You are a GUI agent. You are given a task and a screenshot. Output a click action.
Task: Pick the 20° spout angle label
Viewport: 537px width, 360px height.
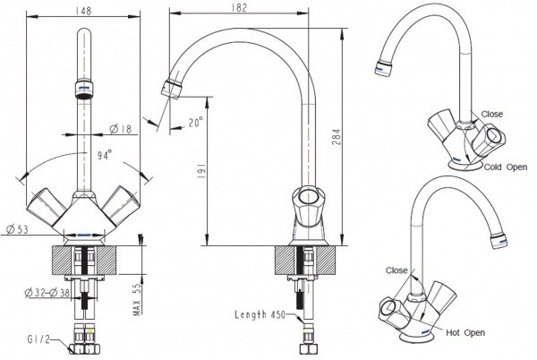coord(195,123)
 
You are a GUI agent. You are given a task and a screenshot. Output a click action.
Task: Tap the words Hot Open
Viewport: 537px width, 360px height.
coord(465,332)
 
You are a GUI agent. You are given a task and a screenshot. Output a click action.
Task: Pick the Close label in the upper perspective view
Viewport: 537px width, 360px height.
coord(492,115)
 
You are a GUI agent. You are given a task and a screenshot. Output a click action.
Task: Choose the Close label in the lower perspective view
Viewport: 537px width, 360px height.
coord(397,270)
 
